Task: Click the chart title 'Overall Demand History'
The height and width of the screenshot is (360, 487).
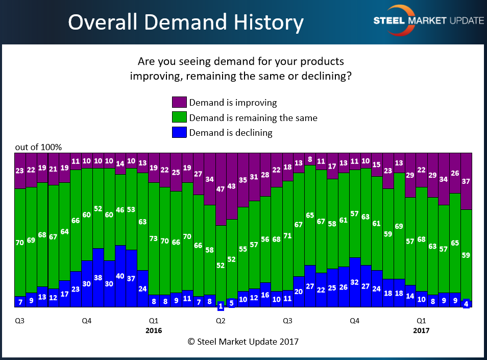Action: point(186,22)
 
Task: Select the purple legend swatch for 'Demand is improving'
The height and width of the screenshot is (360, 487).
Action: point(179,102)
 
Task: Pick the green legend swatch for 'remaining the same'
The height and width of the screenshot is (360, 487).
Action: point(179,117)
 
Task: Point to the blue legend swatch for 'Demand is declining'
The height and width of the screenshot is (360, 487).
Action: point(179,132)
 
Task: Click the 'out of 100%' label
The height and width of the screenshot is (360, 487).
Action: point(38,147)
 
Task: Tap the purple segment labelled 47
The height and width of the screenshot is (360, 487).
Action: point(221,189)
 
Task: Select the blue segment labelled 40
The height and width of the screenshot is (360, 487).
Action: point(120,276)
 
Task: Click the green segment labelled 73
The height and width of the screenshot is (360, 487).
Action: point(154,238)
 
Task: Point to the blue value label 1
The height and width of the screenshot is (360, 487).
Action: point(221,306)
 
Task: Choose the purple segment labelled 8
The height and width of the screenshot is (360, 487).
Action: point(310,159)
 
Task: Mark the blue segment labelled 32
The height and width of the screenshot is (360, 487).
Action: point(355,282)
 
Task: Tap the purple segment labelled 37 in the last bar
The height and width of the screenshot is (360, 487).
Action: point(466,181)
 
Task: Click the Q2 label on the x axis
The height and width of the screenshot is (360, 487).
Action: point(221,321)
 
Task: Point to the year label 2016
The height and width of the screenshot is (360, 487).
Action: point(154,330)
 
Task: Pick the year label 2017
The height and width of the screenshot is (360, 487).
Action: point(422,330)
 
